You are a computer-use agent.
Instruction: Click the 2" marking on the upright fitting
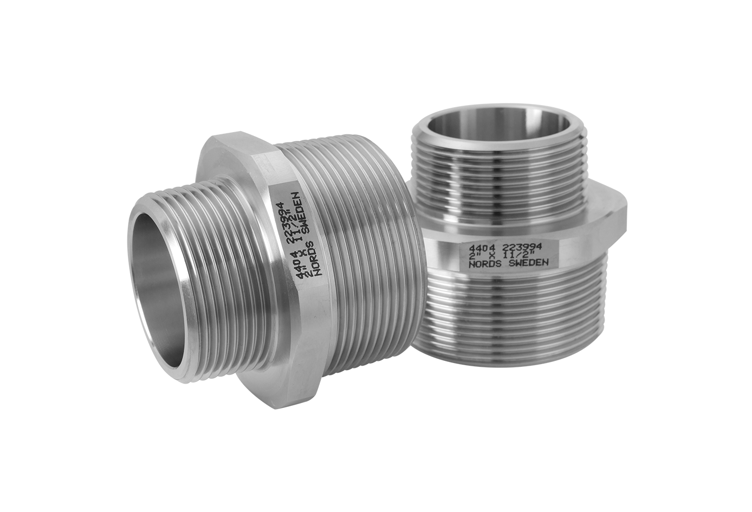[x=474, y=256]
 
